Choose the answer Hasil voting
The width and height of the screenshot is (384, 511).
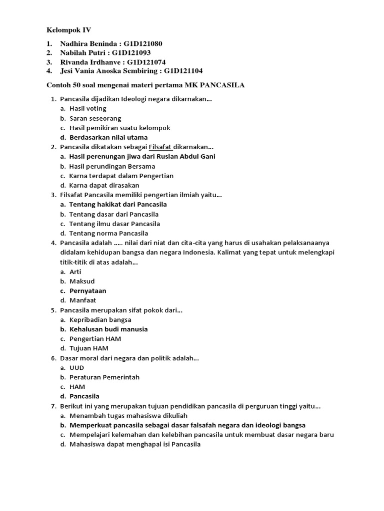[x=87, y=108]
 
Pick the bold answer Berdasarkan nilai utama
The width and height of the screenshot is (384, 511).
[x=108, y=137]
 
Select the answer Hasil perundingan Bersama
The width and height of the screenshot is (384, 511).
[x=112, y=166]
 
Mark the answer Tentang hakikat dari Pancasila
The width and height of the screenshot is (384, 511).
[x=118, y=204]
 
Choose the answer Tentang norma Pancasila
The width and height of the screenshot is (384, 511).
[x=108, y=233]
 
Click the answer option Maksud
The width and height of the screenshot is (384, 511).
[x=82, y=281]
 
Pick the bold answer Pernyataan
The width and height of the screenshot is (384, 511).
[x=87, y=290]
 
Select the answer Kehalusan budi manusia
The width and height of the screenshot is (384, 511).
[x=108, y=329]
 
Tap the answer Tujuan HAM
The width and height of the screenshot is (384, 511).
[x=89, y=348]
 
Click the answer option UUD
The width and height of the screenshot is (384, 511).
[x=77, y=367]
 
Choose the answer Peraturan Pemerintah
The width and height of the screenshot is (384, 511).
[x=104, y=377]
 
